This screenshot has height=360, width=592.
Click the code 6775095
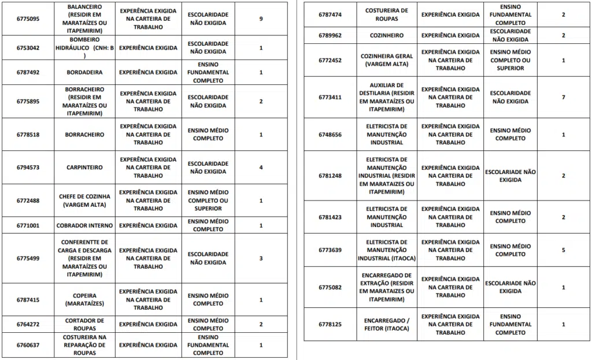pyautogui.click(x=28, y=18)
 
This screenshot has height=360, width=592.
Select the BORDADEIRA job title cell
pyautogui.click(x=84, y=73)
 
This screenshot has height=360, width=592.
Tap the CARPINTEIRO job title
pyautogui.click(x=84, y=168)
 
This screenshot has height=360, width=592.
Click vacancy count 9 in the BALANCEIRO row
pyautogui.click(x=261, y=18)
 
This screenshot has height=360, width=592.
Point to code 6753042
pyautogui.click(x=28, y=47)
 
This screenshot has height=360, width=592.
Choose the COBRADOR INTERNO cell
pyautogui.click(x=84, y=225)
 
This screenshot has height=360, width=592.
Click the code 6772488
pyautogui.click(x=28, y=201)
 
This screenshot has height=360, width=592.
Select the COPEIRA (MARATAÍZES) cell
pyautogui.click(x=84, y=299)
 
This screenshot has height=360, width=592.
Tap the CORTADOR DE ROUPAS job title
pyautogui.click(x=84, y=324)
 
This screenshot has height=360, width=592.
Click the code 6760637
pyautogui.click(x=28, y=345)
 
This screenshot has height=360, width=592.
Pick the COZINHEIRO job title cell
pyautogui.click(x=387, y=35)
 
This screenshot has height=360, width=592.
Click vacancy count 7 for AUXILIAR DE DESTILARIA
pyautogui.click(x=563, y=97)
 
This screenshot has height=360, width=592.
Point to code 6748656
pyautogui.click(x=330, y=135)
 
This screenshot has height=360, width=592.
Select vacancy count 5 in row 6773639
pyautogui.click(x=563, y=250)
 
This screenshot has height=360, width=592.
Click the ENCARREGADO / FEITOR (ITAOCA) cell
pyautogui.click(x=387, y=324)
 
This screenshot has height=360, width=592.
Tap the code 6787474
pyautogui.click(x=330, y=14)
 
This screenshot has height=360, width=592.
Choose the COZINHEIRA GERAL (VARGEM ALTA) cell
pyautogui.click(x=387, y=60)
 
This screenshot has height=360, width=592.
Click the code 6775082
pyautogui.click(x=330, y=287)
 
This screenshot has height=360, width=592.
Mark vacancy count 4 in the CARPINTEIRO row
pyautogui.click(x=261, y=168)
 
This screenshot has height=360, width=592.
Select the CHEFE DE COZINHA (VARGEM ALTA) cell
pyautogui.click(x=84, y=201)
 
